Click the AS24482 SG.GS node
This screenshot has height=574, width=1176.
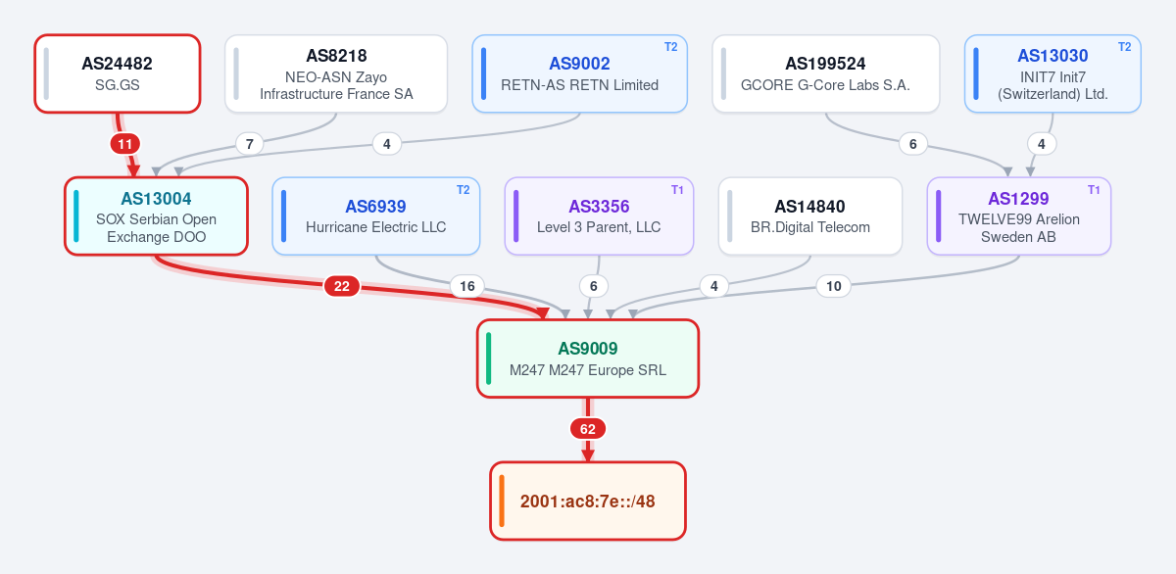118,73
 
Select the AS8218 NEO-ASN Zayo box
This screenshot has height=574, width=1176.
336,73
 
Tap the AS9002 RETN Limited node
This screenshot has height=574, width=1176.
579,73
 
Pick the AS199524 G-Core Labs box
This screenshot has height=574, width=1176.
826,73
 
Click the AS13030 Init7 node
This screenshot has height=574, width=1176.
1053,73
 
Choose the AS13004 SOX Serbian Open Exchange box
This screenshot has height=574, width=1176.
157,216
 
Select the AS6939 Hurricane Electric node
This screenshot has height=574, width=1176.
376,216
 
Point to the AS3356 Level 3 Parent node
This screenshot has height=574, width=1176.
599,216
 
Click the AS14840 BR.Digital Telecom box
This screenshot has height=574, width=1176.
810,216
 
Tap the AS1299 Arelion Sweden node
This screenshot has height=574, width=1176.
1019,216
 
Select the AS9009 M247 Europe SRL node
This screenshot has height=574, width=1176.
588,359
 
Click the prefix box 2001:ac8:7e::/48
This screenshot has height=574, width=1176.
588,502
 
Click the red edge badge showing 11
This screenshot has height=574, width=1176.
125,144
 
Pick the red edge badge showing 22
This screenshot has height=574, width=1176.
342,286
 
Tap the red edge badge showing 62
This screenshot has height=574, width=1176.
588,429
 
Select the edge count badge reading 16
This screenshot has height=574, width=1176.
467,286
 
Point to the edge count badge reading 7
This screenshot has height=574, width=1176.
250,144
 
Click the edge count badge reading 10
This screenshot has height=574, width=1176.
834,286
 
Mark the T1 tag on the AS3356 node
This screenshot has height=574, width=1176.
677,190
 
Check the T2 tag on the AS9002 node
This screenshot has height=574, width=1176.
671,47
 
